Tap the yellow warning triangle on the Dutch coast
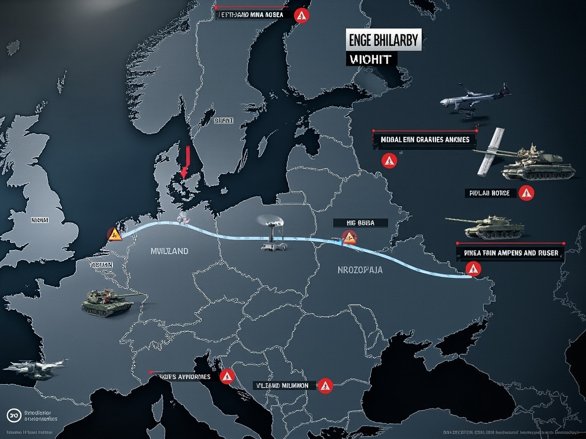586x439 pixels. [x=114, y=234]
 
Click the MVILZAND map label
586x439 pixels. [x=169, y=251]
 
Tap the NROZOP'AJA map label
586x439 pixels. [x=360, y=270]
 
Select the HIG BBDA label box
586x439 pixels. [x=360, y=223]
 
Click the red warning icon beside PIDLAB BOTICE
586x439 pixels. [x=527, y=193]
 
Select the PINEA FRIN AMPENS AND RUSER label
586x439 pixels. [x=511, y=253]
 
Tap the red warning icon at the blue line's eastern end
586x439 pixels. [x=474, y=269]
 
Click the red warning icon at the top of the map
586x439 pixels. [x=302, y=16]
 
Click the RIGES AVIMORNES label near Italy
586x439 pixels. [x=183, y=377]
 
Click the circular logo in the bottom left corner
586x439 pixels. [x=14, y=415]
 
